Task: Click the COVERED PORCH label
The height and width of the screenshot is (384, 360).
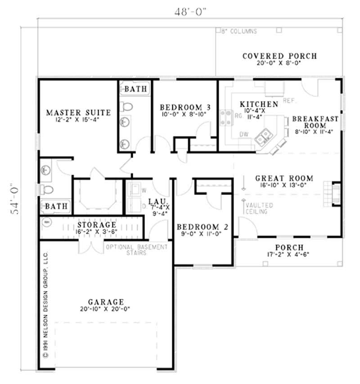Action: (279, 56)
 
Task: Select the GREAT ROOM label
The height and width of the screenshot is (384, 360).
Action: (284, 178)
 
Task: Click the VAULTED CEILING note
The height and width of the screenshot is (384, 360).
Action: (257, 208)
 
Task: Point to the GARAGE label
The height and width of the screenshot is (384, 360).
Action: (106, 302)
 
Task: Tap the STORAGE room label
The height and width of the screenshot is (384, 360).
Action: (96, 224)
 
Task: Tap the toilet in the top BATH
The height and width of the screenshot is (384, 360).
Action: (126, 107)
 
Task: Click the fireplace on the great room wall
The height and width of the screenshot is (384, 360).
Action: (335, 194)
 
